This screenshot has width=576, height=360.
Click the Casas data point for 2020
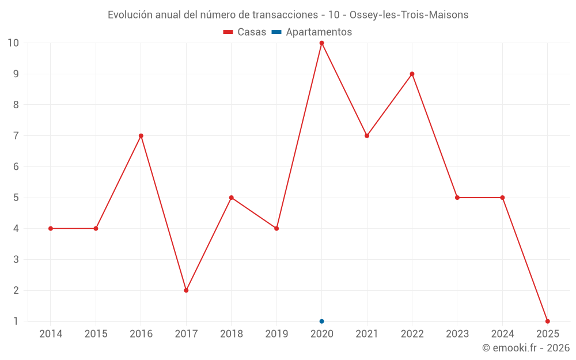point(321,43)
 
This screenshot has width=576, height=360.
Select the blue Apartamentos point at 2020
point(321,321)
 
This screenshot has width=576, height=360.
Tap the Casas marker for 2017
point(186,290)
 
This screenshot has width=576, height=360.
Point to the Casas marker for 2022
point(412,74)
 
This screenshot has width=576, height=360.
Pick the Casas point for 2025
point(547,321)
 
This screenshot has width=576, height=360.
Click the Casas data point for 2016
point(141,136)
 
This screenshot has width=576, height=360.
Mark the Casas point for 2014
point(51,229)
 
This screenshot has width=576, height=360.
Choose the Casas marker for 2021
point(367,136)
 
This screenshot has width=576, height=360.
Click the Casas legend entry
point(245,32)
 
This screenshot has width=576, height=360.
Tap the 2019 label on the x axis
point(276,334)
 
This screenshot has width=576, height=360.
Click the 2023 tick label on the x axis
point(457,334)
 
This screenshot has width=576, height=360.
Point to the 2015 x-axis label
point(96,334)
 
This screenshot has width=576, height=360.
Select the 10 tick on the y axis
point(13,43)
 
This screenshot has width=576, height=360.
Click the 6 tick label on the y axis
point(16,167)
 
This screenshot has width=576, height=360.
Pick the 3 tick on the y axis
point(16,260)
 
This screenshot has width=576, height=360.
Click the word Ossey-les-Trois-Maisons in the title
point(409,14)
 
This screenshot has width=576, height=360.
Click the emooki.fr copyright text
point(526,348)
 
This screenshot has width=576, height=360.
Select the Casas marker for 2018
point(232,198)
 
